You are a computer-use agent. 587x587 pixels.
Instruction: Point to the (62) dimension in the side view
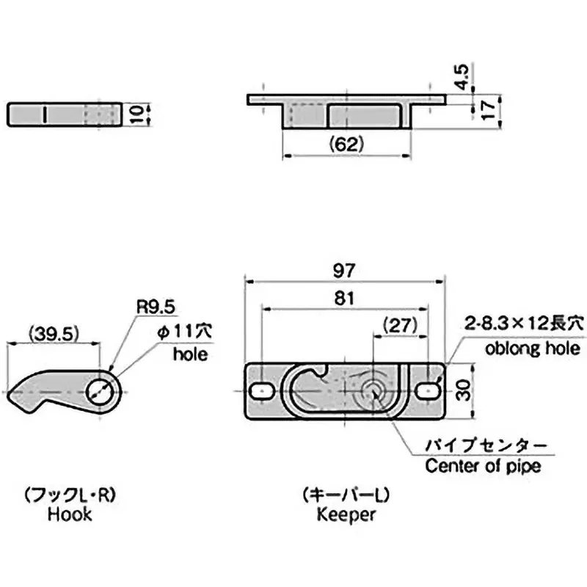[x=347, y=145]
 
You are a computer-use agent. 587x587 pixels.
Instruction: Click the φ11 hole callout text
[x=181, y=332]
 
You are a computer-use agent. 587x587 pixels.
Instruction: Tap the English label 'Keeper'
[x=346, y=514]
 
